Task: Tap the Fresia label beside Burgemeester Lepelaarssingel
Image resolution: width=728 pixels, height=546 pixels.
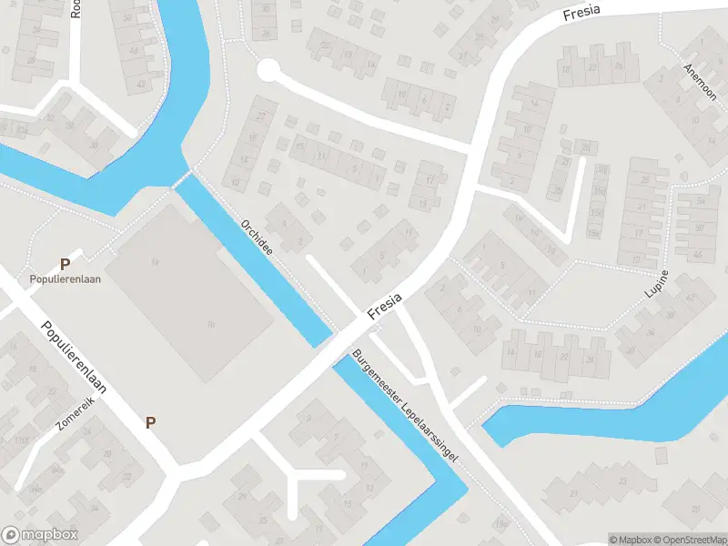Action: click(385, 306)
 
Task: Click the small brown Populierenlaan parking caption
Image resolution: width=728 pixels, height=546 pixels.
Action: click(65, 279)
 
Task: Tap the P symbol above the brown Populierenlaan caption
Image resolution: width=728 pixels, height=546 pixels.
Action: click(65, 264)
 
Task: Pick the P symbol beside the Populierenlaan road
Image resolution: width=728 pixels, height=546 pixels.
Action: click(150, 422)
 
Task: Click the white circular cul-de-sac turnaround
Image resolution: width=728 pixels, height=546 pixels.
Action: click(268, 70)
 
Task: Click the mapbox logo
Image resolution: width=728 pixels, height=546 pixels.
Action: click(40, 535)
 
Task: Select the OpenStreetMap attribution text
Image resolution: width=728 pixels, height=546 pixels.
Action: click(691, 540)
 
